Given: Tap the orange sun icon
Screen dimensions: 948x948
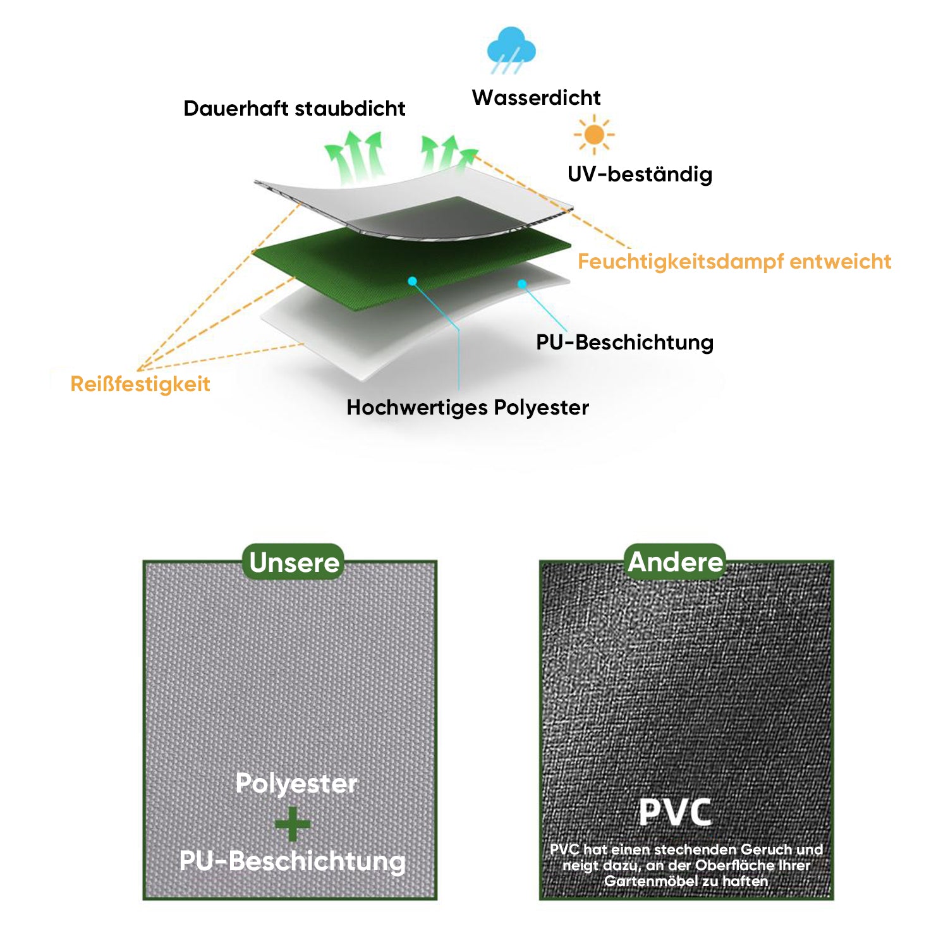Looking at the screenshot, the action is [x=594, y=135].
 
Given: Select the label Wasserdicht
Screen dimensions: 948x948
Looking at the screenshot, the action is [x=537, y=98].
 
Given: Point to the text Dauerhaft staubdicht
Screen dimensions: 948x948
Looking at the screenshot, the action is [x=295, y=109].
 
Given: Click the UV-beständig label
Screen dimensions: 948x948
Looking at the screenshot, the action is [x=640, y=174].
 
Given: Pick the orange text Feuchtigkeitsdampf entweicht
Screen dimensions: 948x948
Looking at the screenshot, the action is [x=734, y=262].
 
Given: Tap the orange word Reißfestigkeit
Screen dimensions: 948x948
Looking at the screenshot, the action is [x=140, y=384].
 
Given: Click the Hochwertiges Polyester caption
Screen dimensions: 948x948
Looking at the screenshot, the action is [x=468, y=408].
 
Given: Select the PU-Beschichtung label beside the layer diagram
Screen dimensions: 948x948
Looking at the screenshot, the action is [x=624, y=343].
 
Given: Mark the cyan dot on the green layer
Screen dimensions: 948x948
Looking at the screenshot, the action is [x=412, y=281].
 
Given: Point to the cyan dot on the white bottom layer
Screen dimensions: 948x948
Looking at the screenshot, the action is [x=522, y=284].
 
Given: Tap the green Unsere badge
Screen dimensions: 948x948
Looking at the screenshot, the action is [x=294, y=562].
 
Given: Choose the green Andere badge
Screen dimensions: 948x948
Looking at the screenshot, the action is [x=675, y=562].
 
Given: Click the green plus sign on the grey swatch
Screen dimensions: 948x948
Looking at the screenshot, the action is [x=293, y=823].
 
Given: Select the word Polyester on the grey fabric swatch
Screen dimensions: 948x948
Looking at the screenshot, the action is [x=296, y=784].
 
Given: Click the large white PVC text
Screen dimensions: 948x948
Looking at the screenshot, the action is [x=675, y=813].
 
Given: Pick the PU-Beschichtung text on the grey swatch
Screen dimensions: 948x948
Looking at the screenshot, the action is [x=292, y=861].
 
